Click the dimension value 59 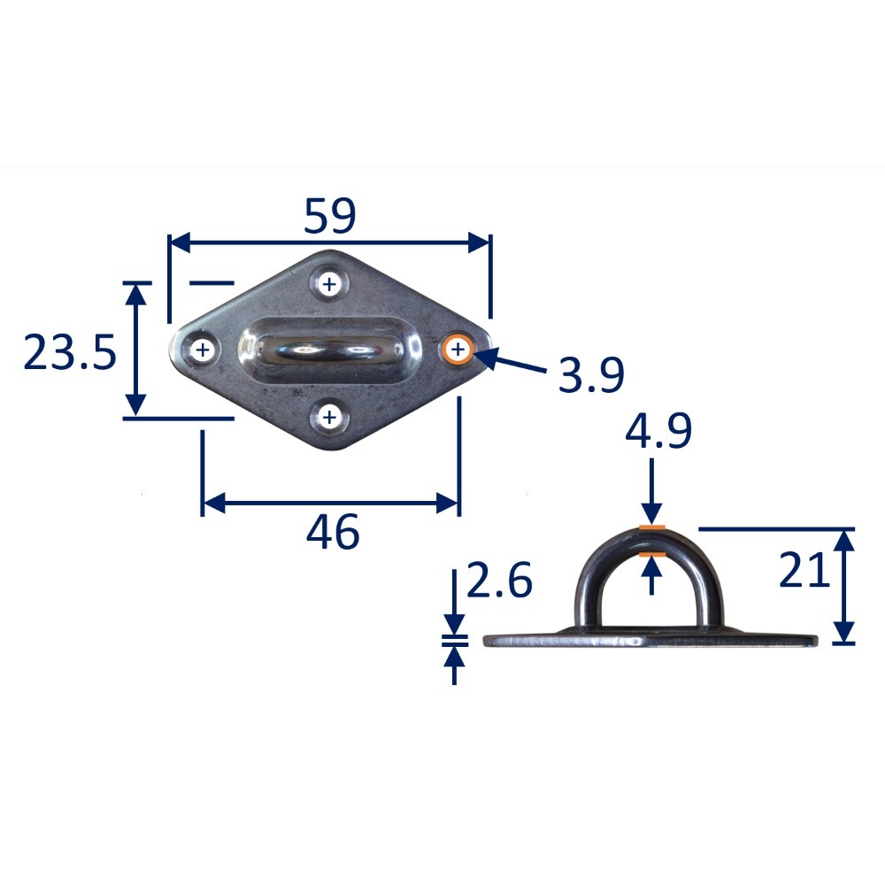(x=329, y=217)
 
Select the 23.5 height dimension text (x=69, y=353)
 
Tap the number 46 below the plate (x=333, y=533)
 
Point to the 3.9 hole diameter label (x=590, y=375)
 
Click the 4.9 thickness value (x=658, y=434)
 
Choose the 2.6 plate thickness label (x=498, y=582)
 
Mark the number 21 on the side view (x=804, y=571)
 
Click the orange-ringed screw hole (x=458, y=350)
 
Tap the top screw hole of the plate (x=330, y=284)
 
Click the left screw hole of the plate (x=203, y=350)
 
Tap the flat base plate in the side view (x=651, y=639)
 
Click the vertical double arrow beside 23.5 (x=135, y=349)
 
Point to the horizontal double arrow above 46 (x=331, y=504)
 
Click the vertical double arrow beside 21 (x=844, y=586)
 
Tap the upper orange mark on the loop (x=651, y=529)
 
